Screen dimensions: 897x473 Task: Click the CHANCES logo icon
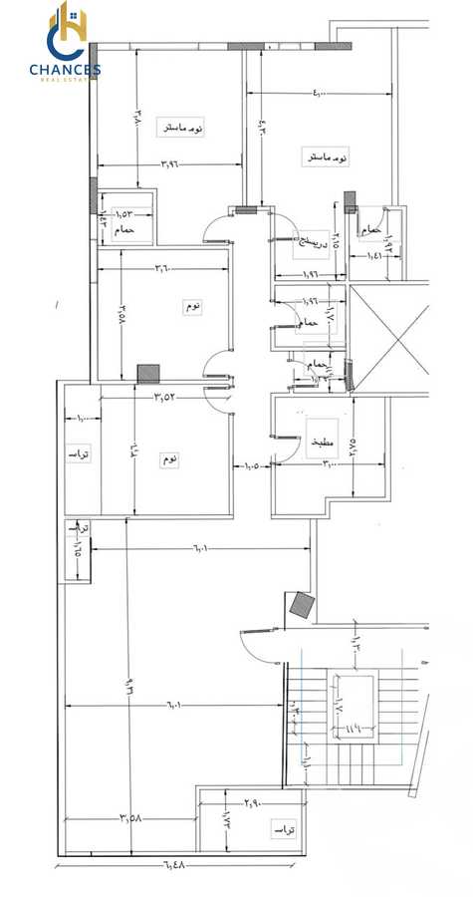66,33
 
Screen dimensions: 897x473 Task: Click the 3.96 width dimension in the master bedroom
175,163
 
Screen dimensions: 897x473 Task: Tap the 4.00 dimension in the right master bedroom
316,94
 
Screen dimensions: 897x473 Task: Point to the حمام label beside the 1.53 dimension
124,230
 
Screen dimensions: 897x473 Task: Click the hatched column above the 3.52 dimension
148,373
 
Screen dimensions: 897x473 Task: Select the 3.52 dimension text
165,397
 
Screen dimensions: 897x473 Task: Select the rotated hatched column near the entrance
301,604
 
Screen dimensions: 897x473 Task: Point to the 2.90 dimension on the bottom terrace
253,800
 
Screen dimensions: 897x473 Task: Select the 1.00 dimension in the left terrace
83,419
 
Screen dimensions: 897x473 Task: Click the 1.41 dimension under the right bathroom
375,256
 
